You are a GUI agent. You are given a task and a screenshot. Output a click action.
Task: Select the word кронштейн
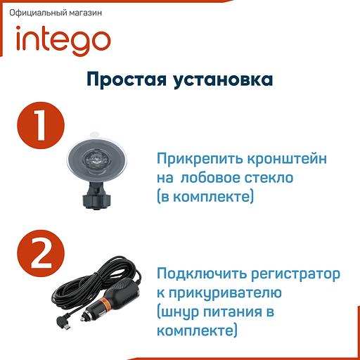coord(283,160)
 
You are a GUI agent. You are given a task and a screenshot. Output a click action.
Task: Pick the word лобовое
coord(215,179)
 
